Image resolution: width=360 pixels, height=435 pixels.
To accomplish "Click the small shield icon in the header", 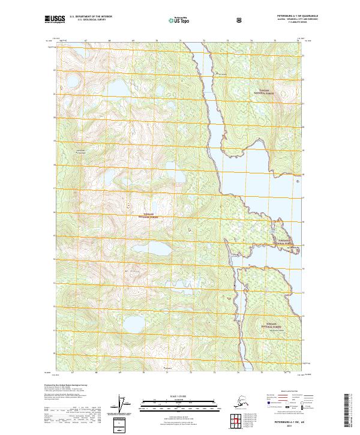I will point(240,20).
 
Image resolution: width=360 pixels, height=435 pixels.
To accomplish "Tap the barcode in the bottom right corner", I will point(350,414).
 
